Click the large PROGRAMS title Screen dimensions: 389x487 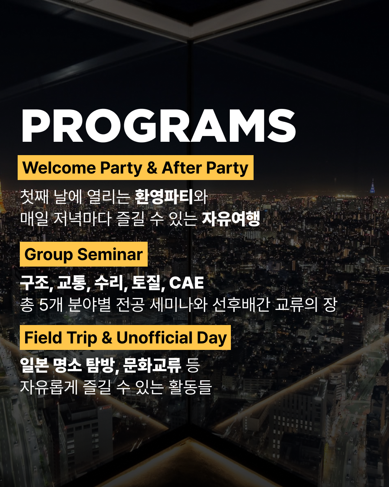point(158,126)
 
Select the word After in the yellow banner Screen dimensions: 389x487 point(181,168)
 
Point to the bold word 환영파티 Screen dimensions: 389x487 point(164,197)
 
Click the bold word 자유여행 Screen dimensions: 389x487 point(231,219)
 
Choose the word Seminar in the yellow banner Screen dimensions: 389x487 point(110,254)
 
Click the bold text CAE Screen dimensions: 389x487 point(187,283)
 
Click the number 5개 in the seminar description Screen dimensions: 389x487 point(51,305)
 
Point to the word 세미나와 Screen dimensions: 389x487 point(178,305)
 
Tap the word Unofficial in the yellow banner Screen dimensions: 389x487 point(155,338)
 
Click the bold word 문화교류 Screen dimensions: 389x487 point(152,365)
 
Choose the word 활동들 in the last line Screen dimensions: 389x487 point(190,387)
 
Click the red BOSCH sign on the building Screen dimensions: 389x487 point(106,408)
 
